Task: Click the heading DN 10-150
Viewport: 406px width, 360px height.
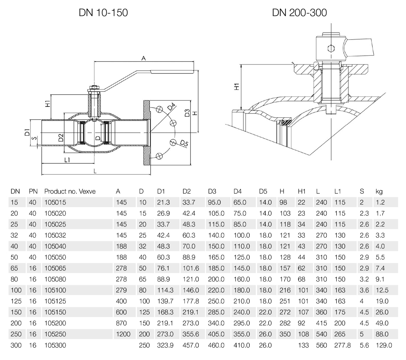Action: click(103, 13)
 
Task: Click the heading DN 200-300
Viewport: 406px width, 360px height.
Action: click(299, 13)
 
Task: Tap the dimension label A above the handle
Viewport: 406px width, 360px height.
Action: click(143, 58)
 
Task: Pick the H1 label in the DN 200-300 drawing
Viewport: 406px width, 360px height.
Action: click(236, 87)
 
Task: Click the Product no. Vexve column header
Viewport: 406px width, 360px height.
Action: click(70, 191)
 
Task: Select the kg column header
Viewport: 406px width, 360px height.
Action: click(379, 191)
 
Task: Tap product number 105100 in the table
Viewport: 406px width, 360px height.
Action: click(55, 290)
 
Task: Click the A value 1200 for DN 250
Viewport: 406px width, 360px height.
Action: click(123, 334)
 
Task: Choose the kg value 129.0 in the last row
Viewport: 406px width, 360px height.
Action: click(383, 345)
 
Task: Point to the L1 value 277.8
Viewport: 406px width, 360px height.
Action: click(342, 345)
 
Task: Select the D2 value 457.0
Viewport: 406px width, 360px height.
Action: click(190, 345)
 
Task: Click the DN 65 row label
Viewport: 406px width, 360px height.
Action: click(15, 268)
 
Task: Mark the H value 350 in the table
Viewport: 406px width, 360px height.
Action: click(285, 334)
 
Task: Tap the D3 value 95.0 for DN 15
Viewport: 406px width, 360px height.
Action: click(214, 202)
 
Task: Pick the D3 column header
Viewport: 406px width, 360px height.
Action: click(212, 191)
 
